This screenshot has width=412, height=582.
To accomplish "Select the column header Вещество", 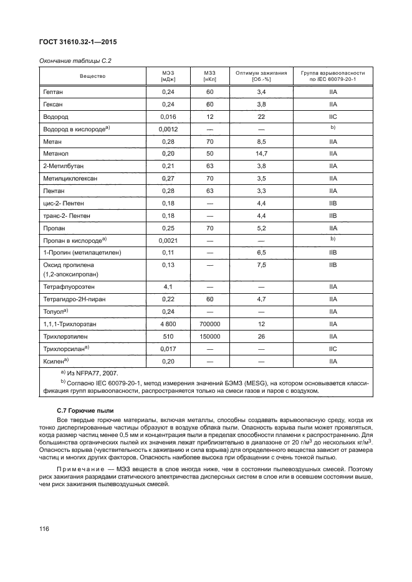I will pyautogui.click(x=92, y=76).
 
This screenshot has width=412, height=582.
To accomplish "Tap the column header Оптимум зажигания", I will pyautogui.click(x=261, y=76).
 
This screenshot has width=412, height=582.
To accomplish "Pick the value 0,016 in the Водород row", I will pyautogui.click(x=168, y=116).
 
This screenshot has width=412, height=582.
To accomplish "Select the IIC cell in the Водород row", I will pyautogui.click(x=333, y=116).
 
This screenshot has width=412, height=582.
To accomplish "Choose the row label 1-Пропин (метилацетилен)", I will pyautogui.click(x=82, y=253).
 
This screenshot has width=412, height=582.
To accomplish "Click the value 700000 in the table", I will pyautogui.click(x=209, y=324).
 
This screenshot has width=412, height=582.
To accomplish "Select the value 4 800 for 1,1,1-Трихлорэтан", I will pyautogui.click(x=168, y=324).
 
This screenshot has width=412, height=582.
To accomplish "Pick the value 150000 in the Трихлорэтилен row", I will pyautogui.click(x=209, y=336).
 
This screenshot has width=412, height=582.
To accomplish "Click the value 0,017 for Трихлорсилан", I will pyautogui.click(x=168, y=349).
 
